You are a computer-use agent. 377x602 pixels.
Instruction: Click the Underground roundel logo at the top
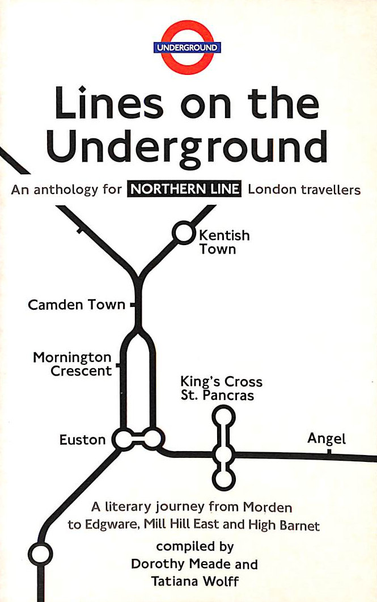[187, 47]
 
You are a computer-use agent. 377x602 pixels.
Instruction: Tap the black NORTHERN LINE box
[184, 190]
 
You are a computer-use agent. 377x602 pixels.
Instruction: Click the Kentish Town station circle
[183, 232]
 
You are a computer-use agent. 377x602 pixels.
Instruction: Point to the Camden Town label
[77, 305]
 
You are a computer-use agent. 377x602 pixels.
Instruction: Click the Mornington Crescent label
[72, 364]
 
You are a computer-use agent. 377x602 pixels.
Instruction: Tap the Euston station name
[82, 440]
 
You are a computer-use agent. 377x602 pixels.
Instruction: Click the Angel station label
[326, 439]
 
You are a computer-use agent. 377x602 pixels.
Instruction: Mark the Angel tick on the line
[329, 452]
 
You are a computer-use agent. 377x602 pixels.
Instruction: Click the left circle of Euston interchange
[122, 439]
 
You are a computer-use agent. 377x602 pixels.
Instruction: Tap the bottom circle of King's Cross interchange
[224, 479]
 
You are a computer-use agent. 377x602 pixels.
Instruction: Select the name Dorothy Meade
[194, 564]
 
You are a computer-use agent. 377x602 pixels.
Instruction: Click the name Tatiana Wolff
[194, 581]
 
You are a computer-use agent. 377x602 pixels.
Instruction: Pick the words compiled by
[194, 547]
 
